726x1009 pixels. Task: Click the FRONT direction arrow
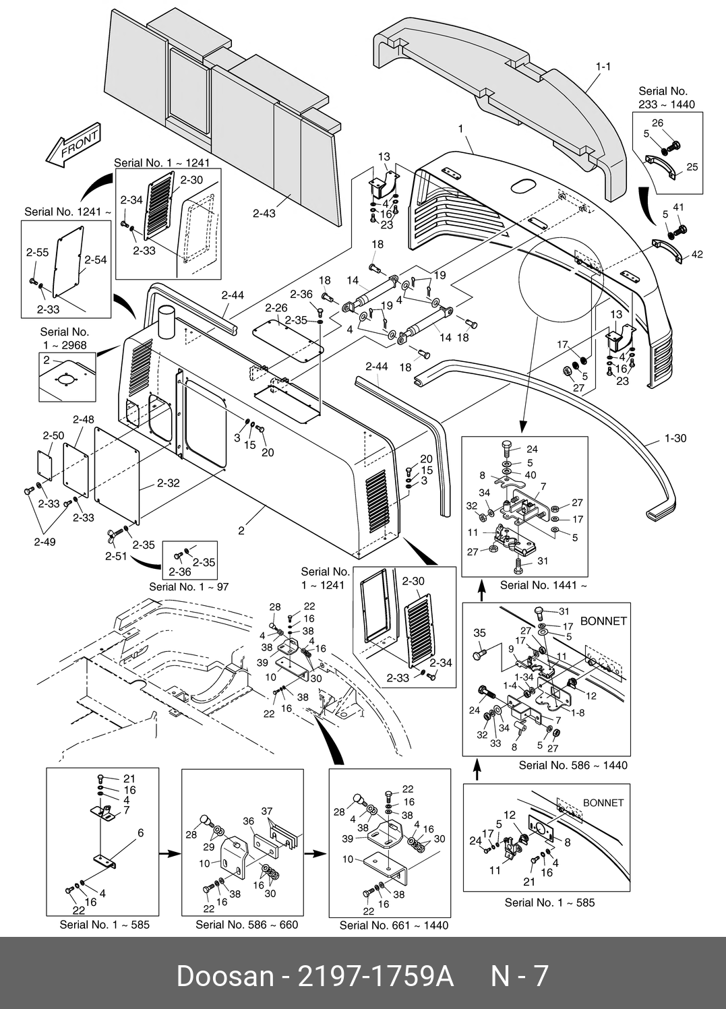tap(73, 144)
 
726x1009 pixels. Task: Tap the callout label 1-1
tap(603, 67)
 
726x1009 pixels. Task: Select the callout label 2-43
tap(264, 213)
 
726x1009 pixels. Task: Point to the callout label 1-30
tap(675, 438)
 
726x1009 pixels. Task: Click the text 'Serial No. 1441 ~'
tap(543, 585)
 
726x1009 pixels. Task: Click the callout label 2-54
tap(96, 260)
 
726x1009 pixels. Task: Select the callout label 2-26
tap(276, 307)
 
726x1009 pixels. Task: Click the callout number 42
tap(697, 255)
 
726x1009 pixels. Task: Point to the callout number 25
tap(692, 166)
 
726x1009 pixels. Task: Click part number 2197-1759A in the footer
tap(376, 977)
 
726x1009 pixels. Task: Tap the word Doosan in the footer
tap(225, 977)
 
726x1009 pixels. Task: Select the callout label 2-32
tap(169, 483)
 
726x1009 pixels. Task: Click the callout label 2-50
tap(54, 435)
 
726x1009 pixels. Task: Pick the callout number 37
tap(267, 812)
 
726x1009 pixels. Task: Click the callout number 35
tap(480, 633)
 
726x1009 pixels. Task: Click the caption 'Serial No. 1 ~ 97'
tap(189, 587)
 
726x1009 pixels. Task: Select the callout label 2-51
tap(116, 556)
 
